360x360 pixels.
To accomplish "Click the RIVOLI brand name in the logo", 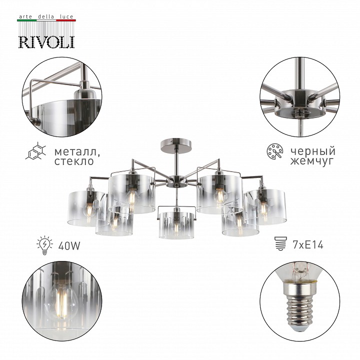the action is [46, 42].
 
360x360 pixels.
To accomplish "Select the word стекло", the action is [74, 161].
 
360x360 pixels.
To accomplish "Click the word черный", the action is [313, 152].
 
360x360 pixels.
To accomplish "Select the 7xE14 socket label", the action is [308, 245].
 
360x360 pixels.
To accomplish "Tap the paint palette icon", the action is [275, 151].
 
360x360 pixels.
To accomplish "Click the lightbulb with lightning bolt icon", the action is [45, 245].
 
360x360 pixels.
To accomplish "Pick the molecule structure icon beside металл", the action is [35, 151].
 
